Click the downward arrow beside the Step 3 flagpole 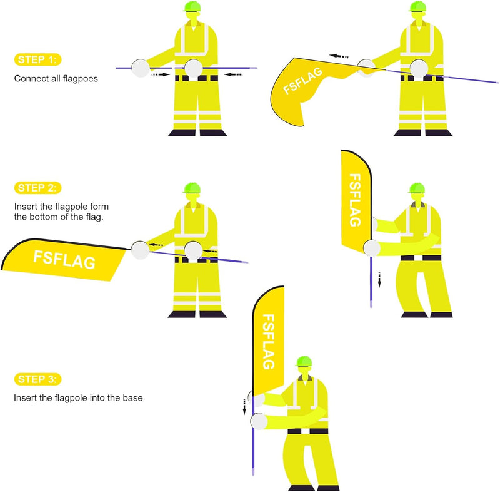coord(245,407)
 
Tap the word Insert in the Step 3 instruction coord(26,397)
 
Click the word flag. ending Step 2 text coord(101,217)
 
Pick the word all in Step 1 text coord(57,79)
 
